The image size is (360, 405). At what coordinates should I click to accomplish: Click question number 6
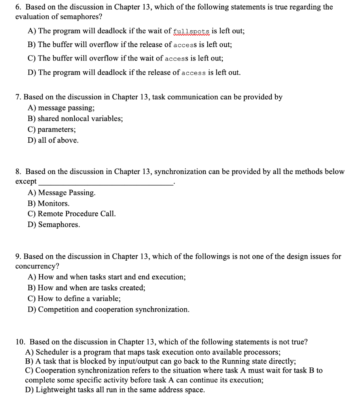click(18, 7)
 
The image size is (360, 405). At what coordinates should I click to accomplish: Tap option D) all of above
click(53, 140)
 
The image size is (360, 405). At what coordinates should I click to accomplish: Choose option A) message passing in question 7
click(61, 108)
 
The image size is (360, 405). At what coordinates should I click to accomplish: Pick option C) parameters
click(52, 129)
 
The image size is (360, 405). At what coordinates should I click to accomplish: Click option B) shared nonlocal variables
click(75, 118)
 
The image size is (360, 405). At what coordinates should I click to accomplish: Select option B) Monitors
click(48, 203)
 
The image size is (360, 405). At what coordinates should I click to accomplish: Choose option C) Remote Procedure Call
click(72, 214)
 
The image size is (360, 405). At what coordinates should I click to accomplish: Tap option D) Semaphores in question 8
click(53, 225)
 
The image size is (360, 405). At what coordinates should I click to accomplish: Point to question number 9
click(18, 256)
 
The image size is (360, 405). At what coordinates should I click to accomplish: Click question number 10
click(19, 341)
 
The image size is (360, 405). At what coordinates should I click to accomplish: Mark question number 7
click(18, 97)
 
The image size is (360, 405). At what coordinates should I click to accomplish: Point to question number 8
click(18, 172)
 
